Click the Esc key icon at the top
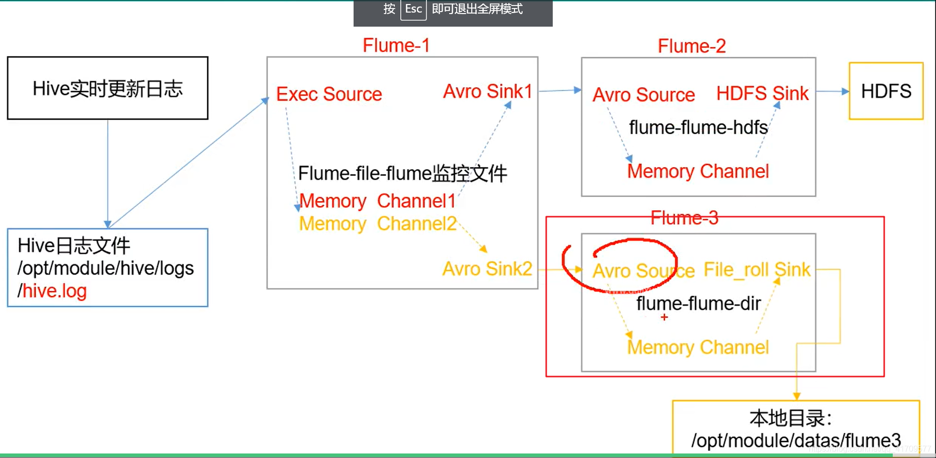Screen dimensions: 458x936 coord(413,9)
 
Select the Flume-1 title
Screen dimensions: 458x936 coord(396,45)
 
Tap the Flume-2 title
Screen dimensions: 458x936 coord(692,46)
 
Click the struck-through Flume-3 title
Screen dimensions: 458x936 coord(684,218)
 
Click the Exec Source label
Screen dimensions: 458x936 coord(329,94)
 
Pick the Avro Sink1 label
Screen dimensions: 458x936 coord(487,91)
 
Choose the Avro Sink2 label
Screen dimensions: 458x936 coord(487,269)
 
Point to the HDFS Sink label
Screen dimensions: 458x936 coord(762,94)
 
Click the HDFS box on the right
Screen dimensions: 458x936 coord(886,91)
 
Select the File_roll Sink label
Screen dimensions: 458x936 coord(756,270)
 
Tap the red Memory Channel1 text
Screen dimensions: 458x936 coord(377,201)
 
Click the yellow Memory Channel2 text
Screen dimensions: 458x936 coord(377,224)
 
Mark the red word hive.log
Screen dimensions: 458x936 coord(55,291)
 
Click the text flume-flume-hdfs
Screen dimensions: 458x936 coord(698,128)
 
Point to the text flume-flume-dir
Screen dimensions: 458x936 coord(698,304)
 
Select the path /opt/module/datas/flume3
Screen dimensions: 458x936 coord(796,440)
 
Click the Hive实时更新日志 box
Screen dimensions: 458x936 coord(108,88)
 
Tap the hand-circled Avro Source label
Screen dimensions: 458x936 coord(643,271)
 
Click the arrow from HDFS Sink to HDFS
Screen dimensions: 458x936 coord(832,91)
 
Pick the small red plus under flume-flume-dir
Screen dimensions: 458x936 coord(664,317)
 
